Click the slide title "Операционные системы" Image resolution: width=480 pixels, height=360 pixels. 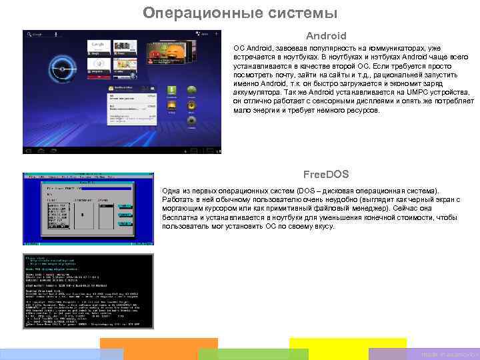tap(240, 13)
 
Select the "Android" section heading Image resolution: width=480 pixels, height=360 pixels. tap(326, 36)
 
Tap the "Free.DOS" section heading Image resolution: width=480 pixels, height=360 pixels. tap(326, 175)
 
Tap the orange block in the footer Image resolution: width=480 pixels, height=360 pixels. tap(159, 349)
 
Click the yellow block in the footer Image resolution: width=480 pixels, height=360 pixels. tap(347, 349)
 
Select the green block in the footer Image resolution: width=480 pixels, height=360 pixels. tap(253, 353)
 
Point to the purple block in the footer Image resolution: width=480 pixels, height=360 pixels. tap(443, 354)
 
